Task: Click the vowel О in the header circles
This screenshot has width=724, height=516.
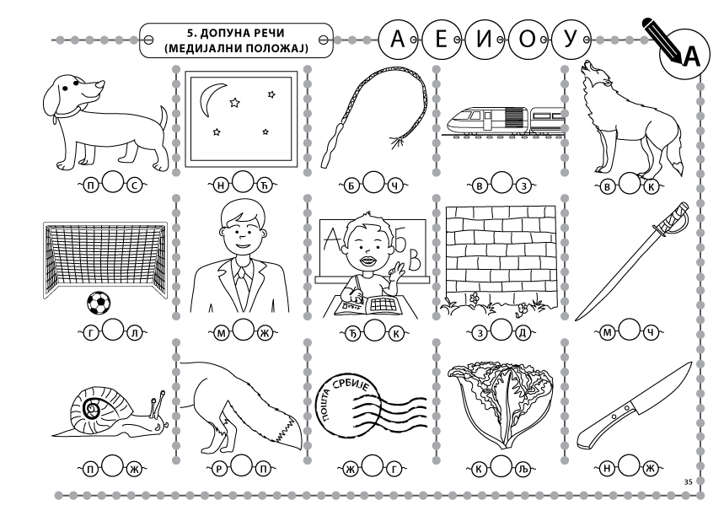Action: tap(527, 40)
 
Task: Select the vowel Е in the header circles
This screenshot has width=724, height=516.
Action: tap(441, 39)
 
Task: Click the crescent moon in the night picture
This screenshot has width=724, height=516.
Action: tap(211, 99)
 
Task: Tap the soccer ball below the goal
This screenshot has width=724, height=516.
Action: tap(99, 303)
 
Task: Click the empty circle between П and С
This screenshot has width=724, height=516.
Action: tap(112, 182)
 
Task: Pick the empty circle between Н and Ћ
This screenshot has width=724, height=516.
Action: tap(243, 182)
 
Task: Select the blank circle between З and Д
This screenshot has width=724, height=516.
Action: tap(501, 330)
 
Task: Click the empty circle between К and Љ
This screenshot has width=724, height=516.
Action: tap(501, 466)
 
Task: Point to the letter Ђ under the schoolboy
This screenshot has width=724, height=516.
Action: tap(351, 333)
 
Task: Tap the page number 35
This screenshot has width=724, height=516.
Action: tap(688, 481)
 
